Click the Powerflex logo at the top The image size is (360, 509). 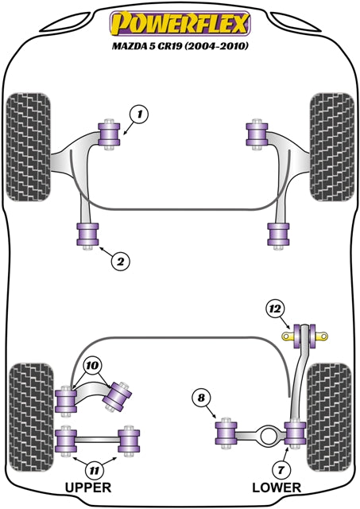coord(180,24)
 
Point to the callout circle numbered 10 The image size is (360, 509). coord(92,365)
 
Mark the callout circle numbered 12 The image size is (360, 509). coord(275,308)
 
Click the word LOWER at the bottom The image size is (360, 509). coord(276,488)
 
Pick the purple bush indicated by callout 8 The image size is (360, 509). coord(228,432)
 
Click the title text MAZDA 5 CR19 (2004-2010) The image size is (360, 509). coord(180,46)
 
